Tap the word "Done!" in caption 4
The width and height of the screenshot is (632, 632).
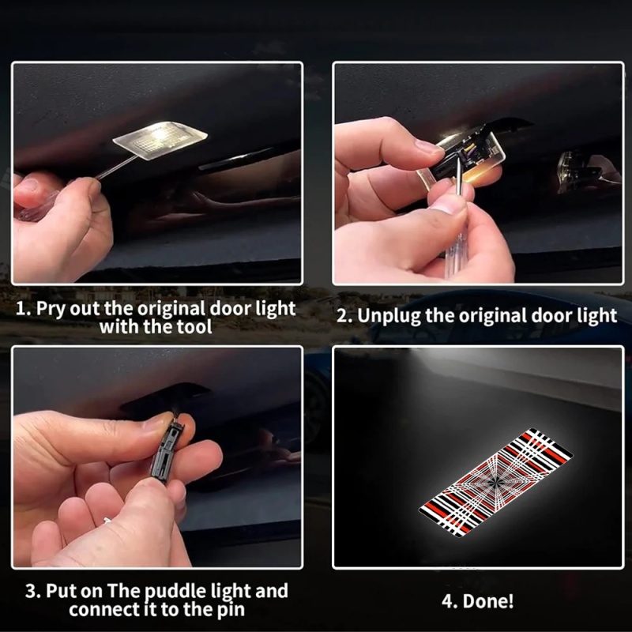click(x=487, y=600)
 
